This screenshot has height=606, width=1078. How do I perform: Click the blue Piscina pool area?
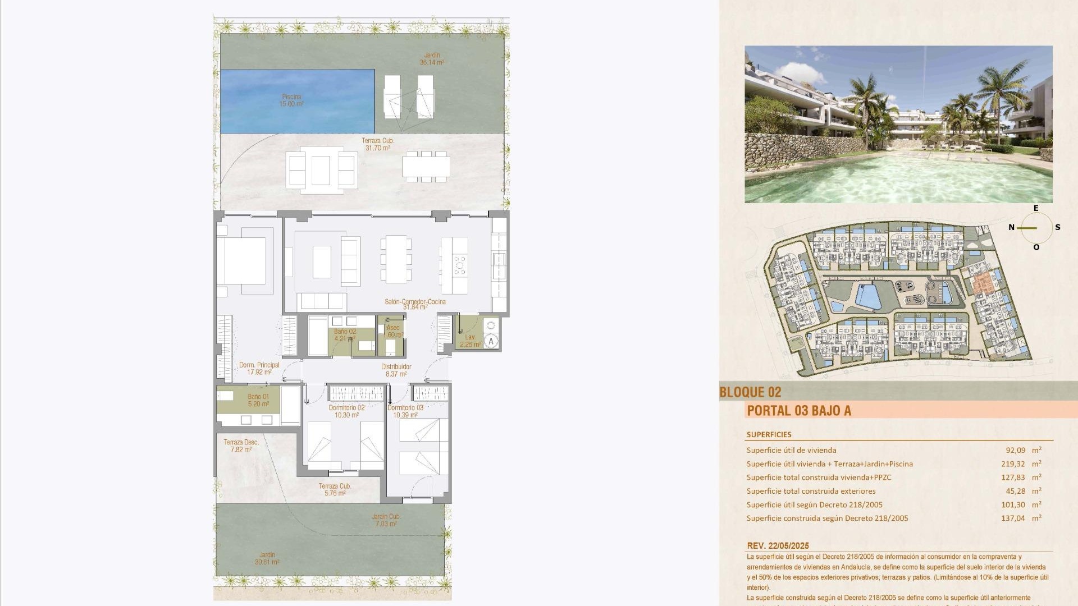tap(297, 101)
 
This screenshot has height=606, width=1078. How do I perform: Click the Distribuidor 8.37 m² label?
tap(396, 370)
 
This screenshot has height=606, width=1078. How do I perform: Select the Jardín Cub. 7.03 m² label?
tap(386, 520)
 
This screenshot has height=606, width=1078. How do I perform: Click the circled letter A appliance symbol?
tap(491, 341)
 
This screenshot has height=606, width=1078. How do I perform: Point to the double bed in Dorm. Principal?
tap(241, 261)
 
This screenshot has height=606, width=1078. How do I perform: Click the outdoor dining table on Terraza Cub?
tap(426, 166)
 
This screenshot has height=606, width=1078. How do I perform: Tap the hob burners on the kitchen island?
tap(460, 265)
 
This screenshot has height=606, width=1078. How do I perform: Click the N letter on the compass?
tap(1011, 227)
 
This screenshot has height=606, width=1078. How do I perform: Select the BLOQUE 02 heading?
tap(750, 392)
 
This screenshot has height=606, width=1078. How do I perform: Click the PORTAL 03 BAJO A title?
tap(799, 411)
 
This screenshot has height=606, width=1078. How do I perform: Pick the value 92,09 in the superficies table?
tap(1016, 450)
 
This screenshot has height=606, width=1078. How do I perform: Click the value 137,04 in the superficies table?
tap(1013, 518)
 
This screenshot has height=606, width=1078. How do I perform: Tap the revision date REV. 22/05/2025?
tap(778, 545)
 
